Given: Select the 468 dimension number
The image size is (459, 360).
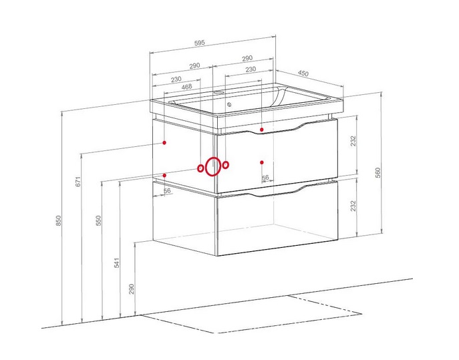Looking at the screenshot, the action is point(187,86).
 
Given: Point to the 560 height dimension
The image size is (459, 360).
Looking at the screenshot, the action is point(377,172).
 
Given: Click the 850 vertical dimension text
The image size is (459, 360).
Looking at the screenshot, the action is point(59,220).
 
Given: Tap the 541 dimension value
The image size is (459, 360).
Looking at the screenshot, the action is point(117,262).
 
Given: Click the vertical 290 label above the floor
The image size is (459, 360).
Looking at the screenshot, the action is point(132,288).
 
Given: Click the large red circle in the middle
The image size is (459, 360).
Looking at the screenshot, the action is point(213,166).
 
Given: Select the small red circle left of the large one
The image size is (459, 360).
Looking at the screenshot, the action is point(200,168).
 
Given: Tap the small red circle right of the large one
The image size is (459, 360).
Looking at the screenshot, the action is point(226,164).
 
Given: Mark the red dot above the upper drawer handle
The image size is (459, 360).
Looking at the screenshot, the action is point(263,129).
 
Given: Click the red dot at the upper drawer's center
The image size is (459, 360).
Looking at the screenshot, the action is point(262,162).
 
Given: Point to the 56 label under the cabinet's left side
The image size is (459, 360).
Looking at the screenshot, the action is point(167,191).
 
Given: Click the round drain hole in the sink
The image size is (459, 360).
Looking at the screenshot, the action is point(228,105).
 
